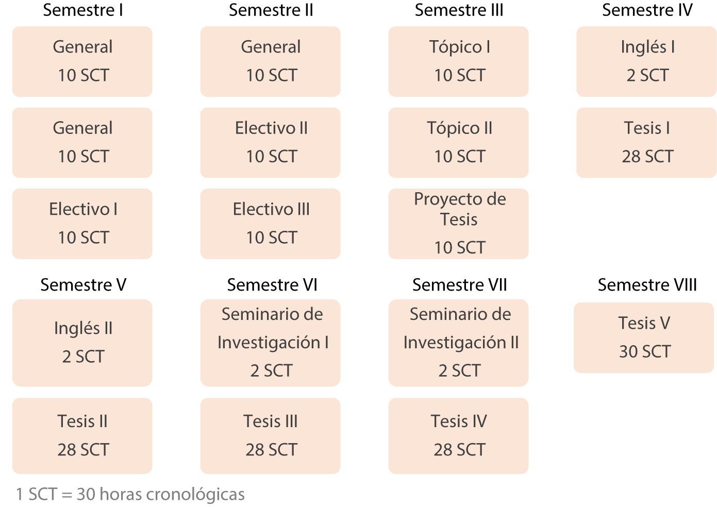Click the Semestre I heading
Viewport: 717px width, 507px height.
(83, 10)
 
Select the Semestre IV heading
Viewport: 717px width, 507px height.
(647, 10)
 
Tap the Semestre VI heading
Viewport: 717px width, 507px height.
(272, 285)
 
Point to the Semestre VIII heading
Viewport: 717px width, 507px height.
(647, 285)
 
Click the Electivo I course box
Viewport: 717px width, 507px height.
(82, 224)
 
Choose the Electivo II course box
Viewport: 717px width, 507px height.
(271, 143)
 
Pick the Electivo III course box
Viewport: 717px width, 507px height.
(271, 224)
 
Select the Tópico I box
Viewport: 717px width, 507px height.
(458, 62)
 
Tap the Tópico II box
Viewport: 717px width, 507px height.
(458, 143)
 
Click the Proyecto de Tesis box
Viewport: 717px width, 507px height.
(458, 224)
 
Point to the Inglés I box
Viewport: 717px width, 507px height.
(646, 62)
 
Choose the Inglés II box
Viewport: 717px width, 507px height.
(82, 343)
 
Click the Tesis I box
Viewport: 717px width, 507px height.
(646, 143)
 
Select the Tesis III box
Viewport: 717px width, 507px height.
(271, 436)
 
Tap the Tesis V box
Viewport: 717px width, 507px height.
(644, 338)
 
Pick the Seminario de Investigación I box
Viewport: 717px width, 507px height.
(271, 343)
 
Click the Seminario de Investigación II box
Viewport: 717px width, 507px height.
(458, 343)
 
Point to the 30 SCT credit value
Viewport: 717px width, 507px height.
(645, 351)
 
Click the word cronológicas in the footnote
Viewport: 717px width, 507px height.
(195, 495)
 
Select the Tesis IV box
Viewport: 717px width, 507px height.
(458, 436)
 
